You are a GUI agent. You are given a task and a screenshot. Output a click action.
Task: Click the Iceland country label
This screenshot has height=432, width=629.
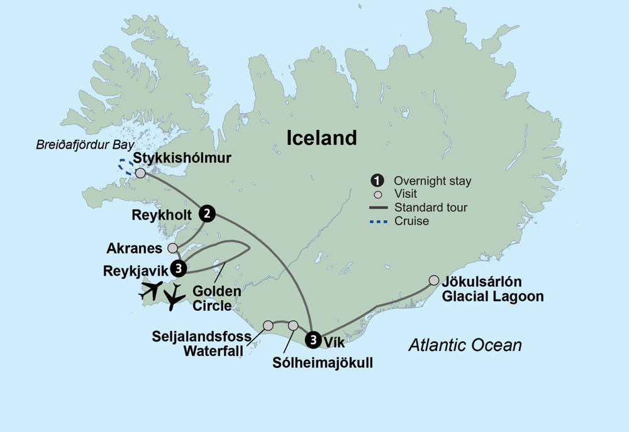321,138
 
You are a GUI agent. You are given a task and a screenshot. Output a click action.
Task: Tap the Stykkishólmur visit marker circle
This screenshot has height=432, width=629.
140,173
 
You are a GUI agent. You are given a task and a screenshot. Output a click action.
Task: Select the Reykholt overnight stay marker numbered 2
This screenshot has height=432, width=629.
206,214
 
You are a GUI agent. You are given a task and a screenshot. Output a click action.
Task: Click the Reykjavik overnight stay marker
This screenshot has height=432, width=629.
180,268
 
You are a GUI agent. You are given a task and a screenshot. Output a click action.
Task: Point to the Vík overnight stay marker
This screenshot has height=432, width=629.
313,340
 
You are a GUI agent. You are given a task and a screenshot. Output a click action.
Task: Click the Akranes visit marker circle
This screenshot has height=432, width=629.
173,248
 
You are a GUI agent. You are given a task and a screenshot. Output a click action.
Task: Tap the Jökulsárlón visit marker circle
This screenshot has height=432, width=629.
433,280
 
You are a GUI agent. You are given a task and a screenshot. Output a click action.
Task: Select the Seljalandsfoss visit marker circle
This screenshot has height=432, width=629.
268,325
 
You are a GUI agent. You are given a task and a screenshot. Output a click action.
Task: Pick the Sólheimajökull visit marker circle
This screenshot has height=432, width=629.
292,325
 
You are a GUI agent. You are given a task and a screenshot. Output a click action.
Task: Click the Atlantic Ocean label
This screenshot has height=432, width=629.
465,345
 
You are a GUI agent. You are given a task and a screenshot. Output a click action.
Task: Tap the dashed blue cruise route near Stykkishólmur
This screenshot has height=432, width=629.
125,166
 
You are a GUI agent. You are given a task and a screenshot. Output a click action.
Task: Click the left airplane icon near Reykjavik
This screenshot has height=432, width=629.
151,290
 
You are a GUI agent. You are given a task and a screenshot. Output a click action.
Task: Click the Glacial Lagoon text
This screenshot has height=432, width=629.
493,296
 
